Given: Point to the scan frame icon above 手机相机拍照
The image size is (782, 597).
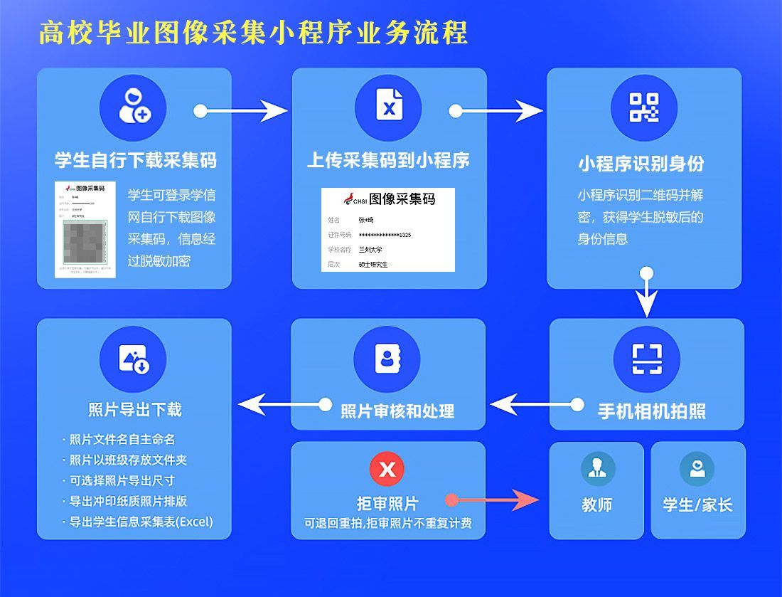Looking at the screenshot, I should click(x=646, y=359).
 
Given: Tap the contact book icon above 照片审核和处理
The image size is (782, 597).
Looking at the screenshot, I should click(x=387, y=359).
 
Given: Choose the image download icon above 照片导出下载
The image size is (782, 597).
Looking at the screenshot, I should click(x=134, y=359).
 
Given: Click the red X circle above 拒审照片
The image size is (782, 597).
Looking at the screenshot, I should click(x=387, y=469).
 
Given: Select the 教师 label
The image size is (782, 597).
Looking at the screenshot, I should click(x=596, y=505).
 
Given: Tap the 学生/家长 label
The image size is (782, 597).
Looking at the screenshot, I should click(x=697, y=505).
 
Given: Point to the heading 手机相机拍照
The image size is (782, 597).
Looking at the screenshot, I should click(x=651, y=411).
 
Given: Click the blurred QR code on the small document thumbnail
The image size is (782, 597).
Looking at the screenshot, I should click(x=84, y=240).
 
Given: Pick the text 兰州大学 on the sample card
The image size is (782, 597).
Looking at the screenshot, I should click(x=370, y=250).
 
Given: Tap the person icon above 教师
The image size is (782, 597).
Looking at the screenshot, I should click(x=597, y=468).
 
